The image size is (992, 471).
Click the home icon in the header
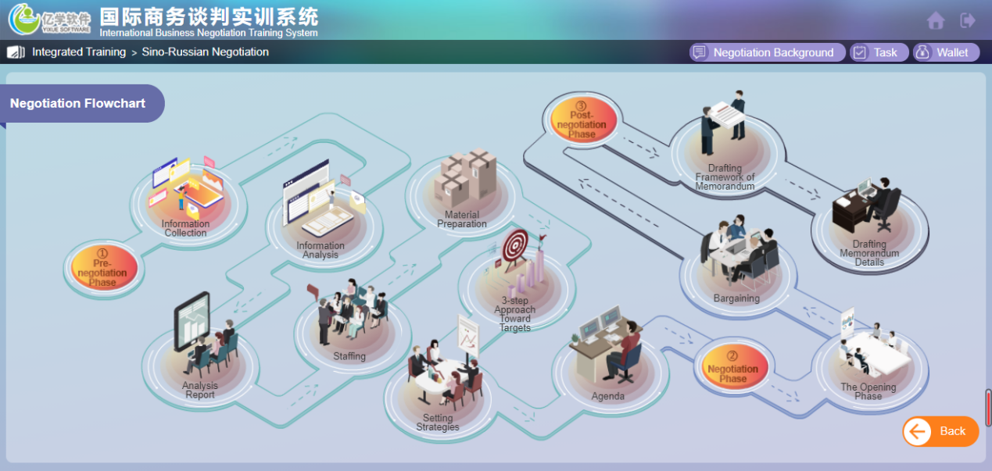pyautogui.click(x=936, y=21)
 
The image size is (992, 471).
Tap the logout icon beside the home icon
pyautogui.click(x=968, y=20)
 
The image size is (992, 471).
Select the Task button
pyautogui.click(x=879, y=52)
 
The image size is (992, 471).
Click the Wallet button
pyautogui.click(x=946, y=52)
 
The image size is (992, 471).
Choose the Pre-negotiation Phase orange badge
pyautogui.click(x=103, y=269)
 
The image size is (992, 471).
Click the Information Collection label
pyautogui.click(x=186, y=229)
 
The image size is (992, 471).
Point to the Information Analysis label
pyautogui.click(x=321, y=251)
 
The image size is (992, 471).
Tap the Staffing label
pyautogui.click(x=349, y=357)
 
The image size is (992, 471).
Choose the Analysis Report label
pyautogui.click(x=200, y=391)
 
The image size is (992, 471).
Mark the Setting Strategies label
pyautogui.click(x=438, y=423)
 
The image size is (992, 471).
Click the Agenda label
pyautogui.click(x=608, y=397)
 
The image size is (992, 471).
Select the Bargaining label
pyautogui.click(x=736, y=298)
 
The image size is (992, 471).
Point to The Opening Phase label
pyautogui.click(x=868, y=391)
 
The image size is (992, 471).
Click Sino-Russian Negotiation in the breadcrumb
pyautogui.click(x=206, y=52)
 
